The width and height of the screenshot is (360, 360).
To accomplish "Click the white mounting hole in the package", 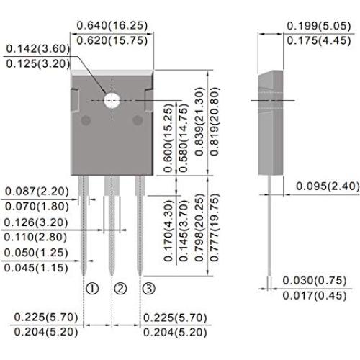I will (x=112, y=100).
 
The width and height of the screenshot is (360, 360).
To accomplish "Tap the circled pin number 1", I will (x=91, y=289).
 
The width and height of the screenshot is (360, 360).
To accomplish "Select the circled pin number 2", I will (x=120, y=289).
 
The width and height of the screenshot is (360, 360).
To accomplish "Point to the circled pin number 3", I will (x=148, y=289).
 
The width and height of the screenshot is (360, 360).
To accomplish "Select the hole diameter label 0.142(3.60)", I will (x=38, y=49).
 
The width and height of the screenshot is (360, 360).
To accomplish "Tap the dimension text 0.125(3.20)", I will (x=38, y=65).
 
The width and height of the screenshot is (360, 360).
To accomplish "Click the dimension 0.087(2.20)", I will (x=38, y=191).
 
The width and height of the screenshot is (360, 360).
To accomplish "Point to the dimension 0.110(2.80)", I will (x=38, y=236).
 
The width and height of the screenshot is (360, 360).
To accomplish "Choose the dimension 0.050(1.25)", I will (x=38, y=253).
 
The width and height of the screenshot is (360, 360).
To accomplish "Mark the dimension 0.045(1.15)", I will (x=38, y=269).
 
